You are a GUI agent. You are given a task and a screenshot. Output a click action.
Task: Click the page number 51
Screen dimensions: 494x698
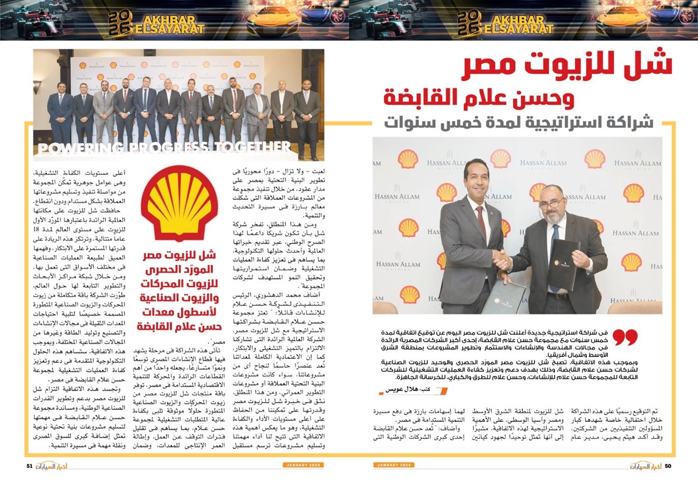coord(30,466)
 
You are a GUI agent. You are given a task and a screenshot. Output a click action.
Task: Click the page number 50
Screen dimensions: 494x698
coord(668,466)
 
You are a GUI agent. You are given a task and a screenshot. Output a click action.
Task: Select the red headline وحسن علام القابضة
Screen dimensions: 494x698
coord(478,97)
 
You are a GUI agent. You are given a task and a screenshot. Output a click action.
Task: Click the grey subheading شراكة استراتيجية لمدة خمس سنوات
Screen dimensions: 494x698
coord(521,124)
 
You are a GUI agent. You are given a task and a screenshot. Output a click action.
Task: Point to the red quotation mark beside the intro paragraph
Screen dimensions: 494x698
coord(626,337)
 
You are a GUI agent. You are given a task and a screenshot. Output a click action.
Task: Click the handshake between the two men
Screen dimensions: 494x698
coord(501,260)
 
